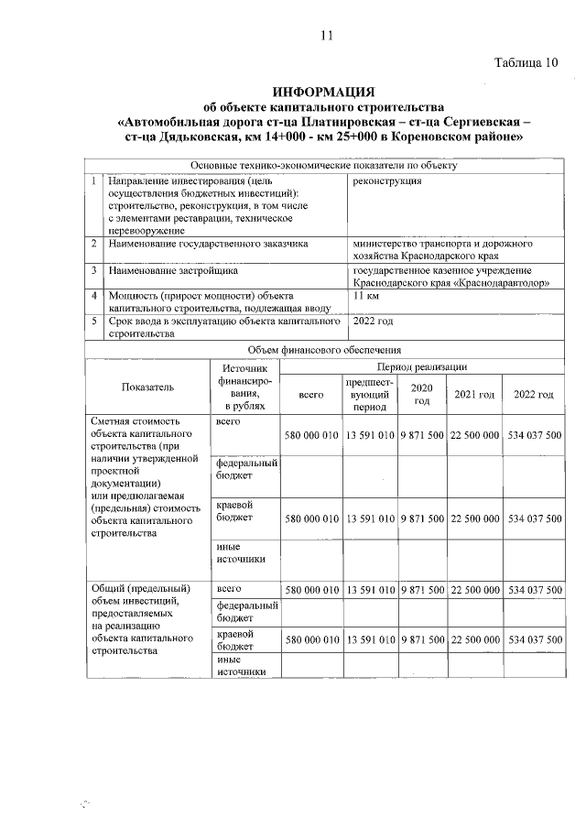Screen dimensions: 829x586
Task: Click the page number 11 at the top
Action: (x=325, y=36)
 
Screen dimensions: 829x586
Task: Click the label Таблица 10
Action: (x=526, y=63)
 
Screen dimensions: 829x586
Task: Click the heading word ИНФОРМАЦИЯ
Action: (x=324, y=93)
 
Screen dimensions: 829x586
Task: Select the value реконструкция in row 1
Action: (x=387, y=181)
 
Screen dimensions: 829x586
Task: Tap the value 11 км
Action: (x=366, y=297)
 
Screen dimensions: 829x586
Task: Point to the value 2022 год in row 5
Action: (x=374, y=322)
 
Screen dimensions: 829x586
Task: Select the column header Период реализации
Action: (x=425, y=366)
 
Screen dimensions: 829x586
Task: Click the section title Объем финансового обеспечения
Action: (x=324, y=350)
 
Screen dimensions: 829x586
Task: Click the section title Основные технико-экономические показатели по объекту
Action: (x=324, y=166)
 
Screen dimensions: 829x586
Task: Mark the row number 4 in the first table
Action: (x=94, y=297)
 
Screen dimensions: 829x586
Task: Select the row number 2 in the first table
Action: (x=94, y=245)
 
